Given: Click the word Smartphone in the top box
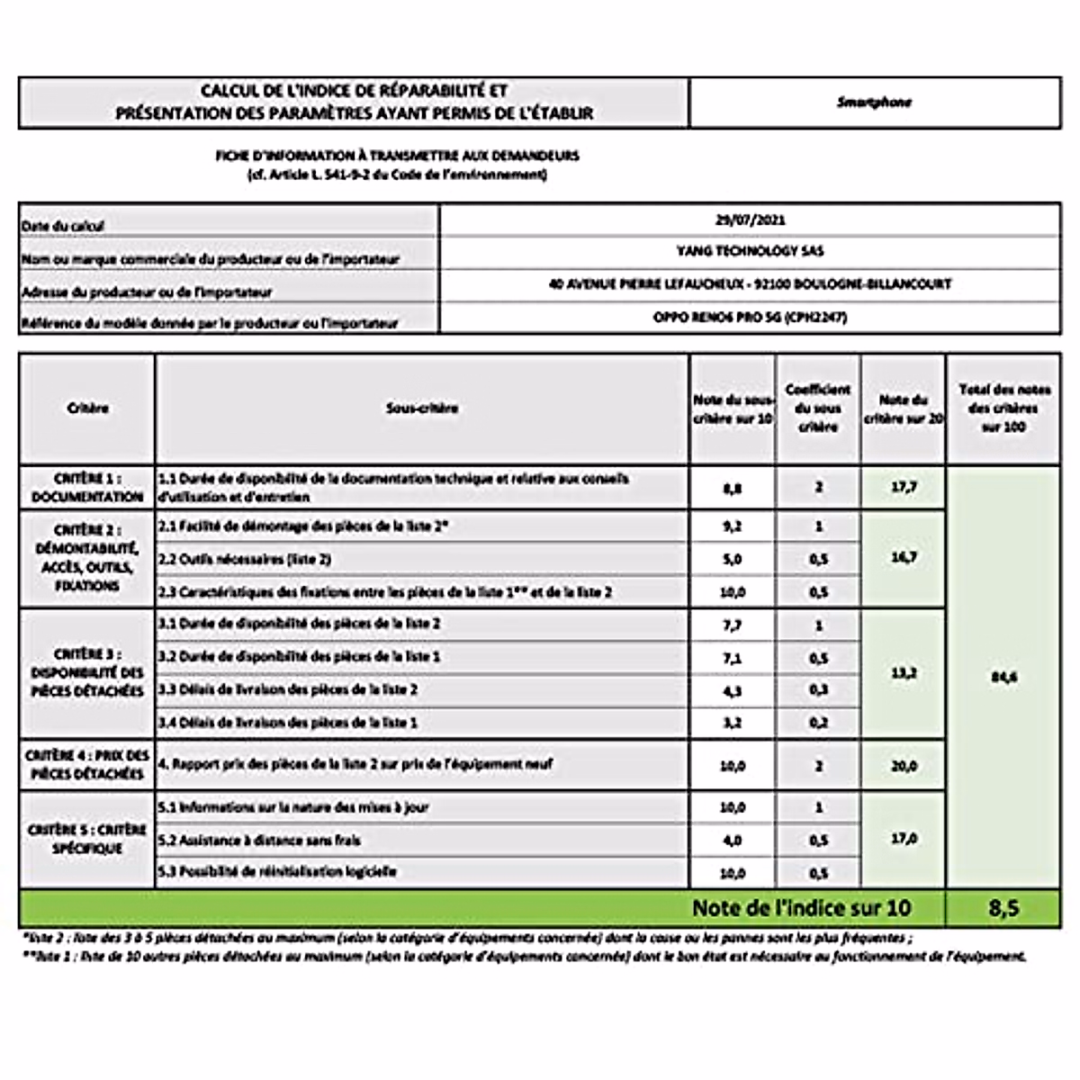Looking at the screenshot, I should click(x=874, y=103).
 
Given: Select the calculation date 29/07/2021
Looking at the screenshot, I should click(x=750, y=220).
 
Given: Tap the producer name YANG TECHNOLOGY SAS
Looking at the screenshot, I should click(x=750, y=251).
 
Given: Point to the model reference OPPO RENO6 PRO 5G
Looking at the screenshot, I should click(x=750, y=317).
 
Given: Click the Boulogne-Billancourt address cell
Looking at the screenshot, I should click(x=750, y=284).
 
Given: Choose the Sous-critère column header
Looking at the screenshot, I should click(x=422, y=408).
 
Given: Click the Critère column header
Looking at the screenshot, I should click(x=87, y=408).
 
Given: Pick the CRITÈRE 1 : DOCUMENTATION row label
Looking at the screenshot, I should click(x=87, y=488).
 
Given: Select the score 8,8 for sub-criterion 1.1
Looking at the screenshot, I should click(x=733, y=489).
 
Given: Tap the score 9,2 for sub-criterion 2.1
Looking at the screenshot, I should click(x=733, y=526).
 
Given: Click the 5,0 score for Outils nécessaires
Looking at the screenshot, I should click(x=733, y=559).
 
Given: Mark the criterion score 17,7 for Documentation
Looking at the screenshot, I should click(x=904, y=488).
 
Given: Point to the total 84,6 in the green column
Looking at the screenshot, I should click(x=1003, y=677).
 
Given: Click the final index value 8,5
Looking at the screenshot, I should click(x=1003, y=908).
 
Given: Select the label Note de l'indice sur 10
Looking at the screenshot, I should click(x=802, y=908).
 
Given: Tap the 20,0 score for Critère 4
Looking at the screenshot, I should click(x=904, y=766).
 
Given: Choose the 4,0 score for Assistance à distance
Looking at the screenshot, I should click(x=733, y=841).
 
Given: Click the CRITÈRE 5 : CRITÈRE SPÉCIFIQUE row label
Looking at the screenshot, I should click(x=87, y=839).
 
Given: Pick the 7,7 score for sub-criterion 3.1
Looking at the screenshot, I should click(x=733, y=624).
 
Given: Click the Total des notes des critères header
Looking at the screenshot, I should click(x=1003, y=408).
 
